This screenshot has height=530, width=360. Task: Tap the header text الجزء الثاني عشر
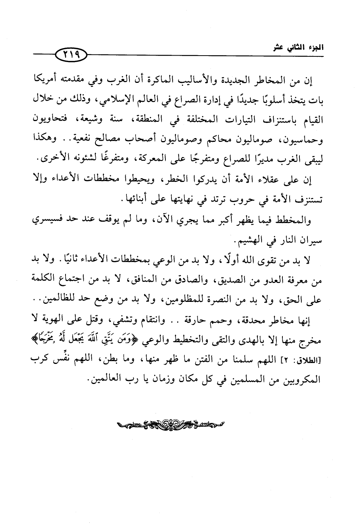coord(302,49)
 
